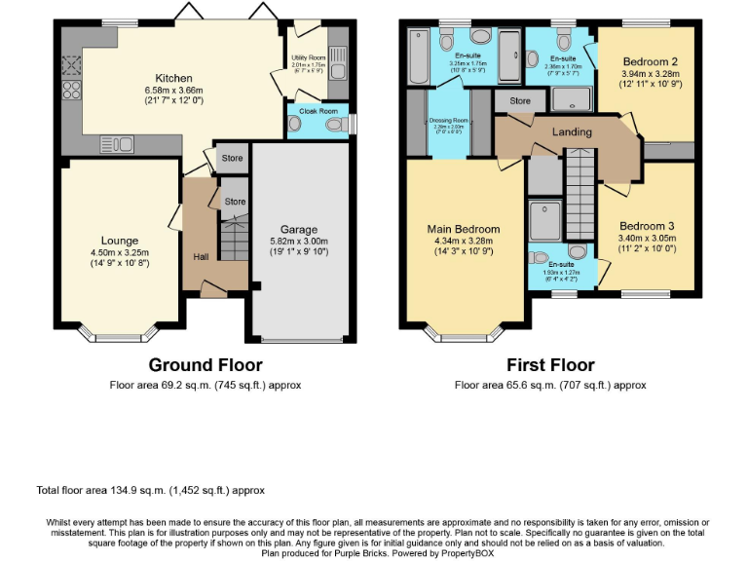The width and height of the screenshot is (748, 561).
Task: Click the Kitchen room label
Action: click(x=174, y=78)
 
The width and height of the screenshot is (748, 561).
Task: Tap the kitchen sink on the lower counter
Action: click(x=117, y=145)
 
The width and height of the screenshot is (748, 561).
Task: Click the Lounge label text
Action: click(x=120, y=241)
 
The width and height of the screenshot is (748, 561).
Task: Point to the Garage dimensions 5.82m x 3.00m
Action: click(x=299, y=242)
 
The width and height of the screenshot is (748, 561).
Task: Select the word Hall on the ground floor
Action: click(x=201, y=256)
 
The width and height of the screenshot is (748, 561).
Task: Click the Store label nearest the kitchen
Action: click(x=232, y=158)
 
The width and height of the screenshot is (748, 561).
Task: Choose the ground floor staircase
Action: click(x=233, y=239)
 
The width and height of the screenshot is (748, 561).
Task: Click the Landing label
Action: click(x=572, y=131)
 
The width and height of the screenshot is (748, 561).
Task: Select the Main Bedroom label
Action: click(x=464, y=230)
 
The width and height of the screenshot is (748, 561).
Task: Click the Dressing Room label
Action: click(x=449, y=121)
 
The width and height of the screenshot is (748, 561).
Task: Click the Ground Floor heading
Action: click(x=205, y=365)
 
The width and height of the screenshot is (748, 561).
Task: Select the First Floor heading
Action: click(x=550, y=365)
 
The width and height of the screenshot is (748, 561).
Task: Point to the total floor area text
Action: click(x=150, y=490)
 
